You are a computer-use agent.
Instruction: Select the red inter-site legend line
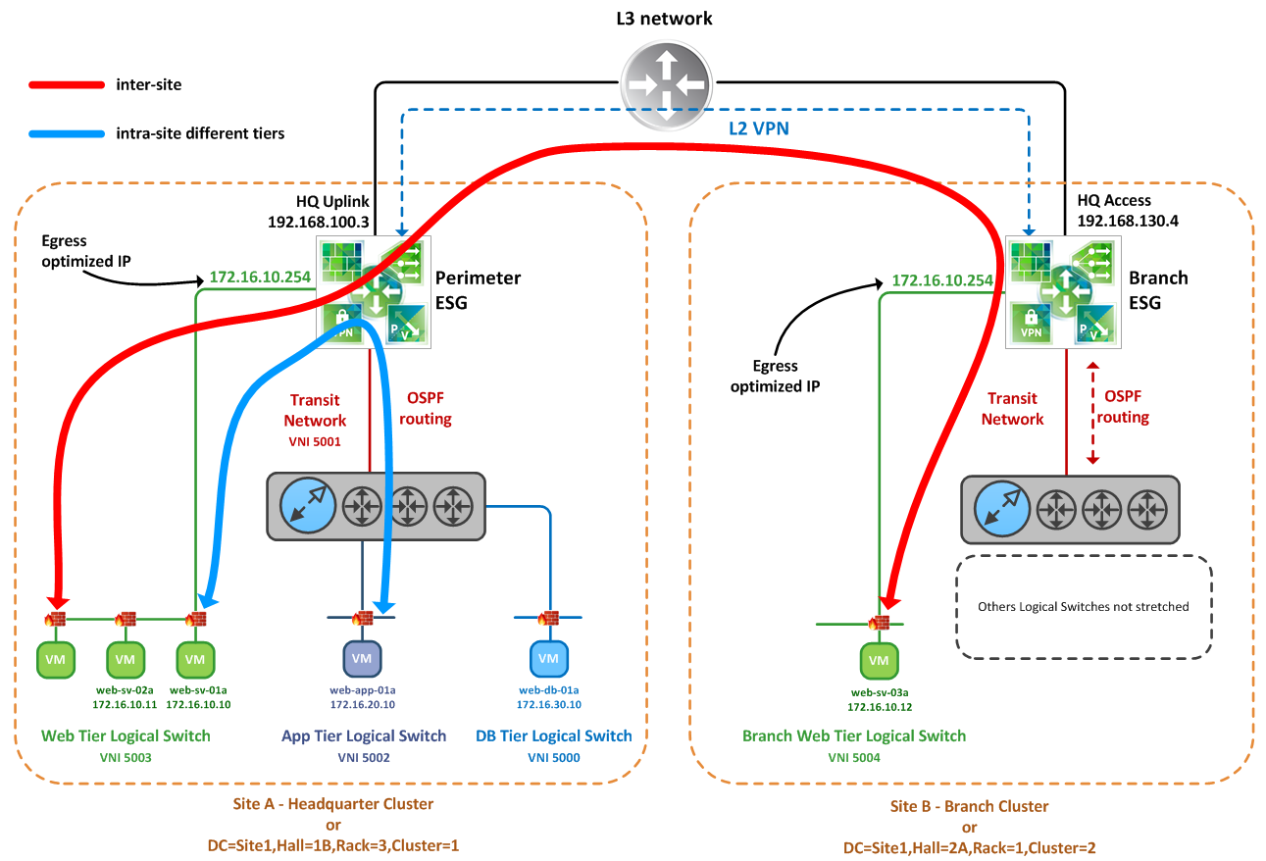(66, 85)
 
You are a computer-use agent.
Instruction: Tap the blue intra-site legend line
(66, 132)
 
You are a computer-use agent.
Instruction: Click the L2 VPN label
(758, 127)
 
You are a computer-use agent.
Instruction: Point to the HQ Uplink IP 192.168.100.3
(318, 222)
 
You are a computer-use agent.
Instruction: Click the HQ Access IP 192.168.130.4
(1127, 221)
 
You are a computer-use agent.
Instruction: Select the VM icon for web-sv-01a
(196, 659)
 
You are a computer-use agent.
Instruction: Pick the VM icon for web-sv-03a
(879, 661)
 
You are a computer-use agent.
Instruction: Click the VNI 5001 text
(316, 441)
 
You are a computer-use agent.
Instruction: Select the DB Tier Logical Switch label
(553, 735)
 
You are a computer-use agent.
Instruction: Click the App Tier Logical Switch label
(363, 735)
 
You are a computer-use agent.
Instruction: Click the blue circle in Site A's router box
(307, 506)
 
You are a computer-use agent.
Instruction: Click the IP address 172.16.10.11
(125, 704)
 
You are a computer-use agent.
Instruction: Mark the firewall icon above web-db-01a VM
(548, 618)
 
